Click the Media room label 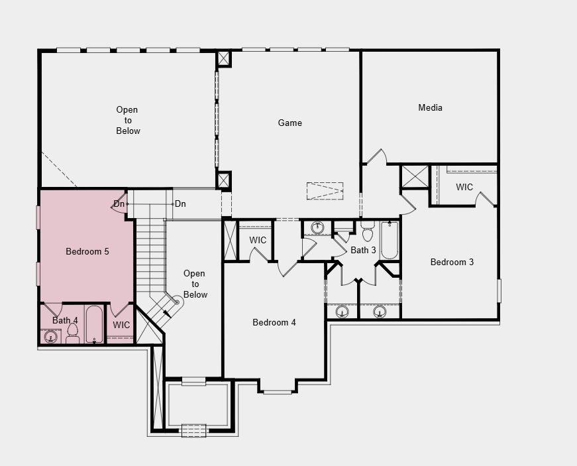coord(430,107)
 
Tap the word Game coord(289,123)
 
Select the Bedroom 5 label coord(87,251)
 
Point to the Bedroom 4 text coord(274,322)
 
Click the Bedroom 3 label coord(452,262)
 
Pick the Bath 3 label coord(363,250)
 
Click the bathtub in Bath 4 coord(95,324)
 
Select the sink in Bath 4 coord(51,337)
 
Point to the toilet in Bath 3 coord(368,231)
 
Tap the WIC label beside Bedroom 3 coord(464,187)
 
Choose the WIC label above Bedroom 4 coord(258,240)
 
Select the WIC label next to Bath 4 coord(121,325)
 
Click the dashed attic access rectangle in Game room coord(325,191)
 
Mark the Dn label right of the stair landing coord(180,204)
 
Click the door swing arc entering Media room coord(376,156)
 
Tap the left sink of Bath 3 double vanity coord(342,311)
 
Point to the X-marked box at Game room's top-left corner coord(224,59)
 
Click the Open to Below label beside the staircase coord(195,284)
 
